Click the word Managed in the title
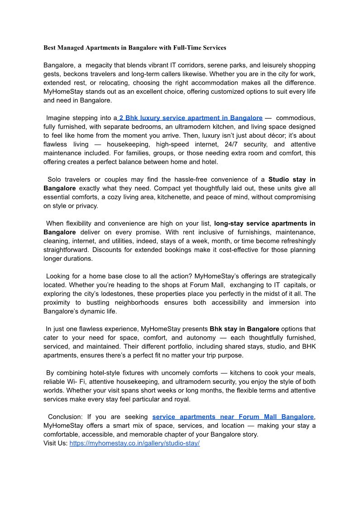click(73, 48)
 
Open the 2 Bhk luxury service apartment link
click(190, 118)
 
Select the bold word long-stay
click(230, 223)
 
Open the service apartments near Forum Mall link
click(233, 417)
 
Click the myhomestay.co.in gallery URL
click(134, 443)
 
